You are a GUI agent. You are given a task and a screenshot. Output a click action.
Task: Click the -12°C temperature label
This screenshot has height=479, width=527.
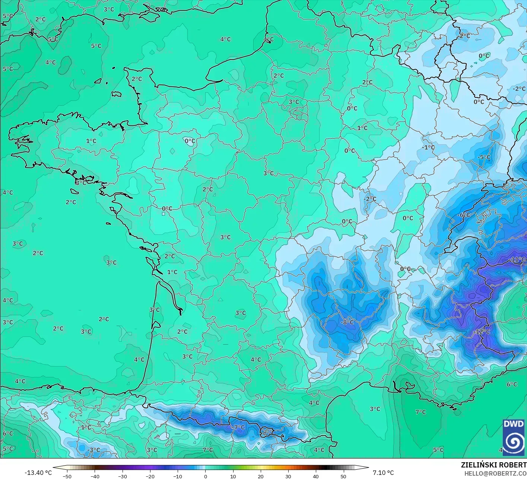(482, 332)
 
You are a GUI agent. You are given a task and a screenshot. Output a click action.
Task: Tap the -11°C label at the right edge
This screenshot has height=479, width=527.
(518, 259)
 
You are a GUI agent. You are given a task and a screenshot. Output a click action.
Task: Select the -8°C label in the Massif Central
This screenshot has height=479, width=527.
(347, 322)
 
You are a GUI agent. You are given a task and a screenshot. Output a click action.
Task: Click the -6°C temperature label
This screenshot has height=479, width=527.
(464, 215)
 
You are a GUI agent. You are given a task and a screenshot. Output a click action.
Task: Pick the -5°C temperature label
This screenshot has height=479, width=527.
(484, 157)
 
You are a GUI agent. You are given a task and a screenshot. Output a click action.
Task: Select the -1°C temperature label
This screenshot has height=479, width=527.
(428, 147)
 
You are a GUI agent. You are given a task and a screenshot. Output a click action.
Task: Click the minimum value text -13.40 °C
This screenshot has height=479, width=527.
(38, 473)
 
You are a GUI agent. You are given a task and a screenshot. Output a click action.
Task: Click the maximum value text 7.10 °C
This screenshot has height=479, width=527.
(383, 473)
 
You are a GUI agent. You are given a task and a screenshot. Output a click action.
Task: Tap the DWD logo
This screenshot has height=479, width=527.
(514, 437)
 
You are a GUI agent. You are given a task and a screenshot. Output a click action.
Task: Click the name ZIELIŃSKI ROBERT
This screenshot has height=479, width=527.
(493, 465)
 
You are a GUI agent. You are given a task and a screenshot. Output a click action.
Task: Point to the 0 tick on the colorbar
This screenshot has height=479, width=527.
(205, 476)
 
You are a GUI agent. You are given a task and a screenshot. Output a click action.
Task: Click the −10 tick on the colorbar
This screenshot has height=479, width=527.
(178, 476)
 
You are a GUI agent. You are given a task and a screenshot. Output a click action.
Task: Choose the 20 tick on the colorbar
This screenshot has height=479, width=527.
(260, 476)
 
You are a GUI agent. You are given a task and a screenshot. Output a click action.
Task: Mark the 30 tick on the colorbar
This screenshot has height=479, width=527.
(288, 476)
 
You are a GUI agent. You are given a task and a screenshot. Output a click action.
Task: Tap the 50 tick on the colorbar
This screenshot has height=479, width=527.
(343, 476)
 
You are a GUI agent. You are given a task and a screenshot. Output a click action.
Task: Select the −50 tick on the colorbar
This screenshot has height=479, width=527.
(67, 476)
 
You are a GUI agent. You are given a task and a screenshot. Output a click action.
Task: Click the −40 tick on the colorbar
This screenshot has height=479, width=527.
(95, 476)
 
